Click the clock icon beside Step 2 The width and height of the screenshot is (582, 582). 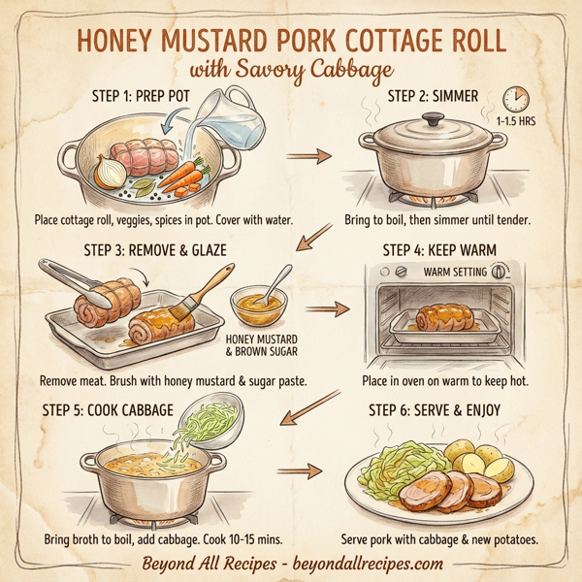[515, 99]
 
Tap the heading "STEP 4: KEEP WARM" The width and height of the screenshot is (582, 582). [434, 249]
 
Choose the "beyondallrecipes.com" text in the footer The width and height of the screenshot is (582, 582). [363, 563]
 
